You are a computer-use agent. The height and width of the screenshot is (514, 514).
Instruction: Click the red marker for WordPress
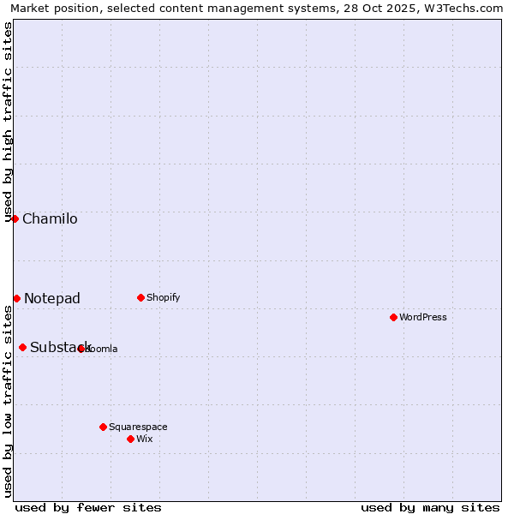click(x=393, y=317)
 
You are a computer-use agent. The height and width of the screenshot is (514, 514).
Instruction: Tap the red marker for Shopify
click(x=140, y=297)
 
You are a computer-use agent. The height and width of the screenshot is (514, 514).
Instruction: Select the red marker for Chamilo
click(x=15, y=218)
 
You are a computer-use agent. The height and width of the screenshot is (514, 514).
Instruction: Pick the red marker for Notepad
click(x=16, y=298)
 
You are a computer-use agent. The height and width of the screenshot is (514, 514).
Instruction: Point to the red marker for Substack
click(x=22, y=347)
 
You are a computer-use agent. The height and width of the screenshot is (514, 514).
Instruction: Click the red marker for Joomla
click(x=81, y=349)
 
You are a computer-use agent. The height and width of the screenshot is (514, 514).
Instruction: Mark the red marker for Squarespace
click(x=103, y=427)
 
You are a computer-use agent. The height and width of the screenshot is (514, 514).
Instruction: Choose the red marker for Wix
click(x=130, y=439)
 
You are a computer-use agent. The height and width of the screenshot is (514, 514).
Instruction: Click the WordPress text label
click(x=423, y=318)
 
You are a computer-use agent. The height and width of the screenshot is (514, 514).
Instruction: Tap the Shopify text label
click(x=164, y=298)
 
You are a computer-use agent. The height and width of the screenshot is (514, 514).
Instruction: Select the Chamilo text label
click(x=50, y=219)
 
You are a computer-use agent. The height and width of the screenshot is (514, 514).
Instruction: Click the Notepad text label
click(x=52, y=299)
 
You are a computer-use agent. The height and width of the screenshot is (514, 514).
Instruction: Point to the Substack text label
click(x=60, y=348)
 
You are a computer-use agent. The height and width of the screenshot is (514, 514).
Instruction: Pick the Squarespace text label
click(x=138, y=427)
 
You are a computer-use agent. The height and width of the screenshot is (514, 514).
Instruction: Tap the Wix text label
click(x=145, y=439)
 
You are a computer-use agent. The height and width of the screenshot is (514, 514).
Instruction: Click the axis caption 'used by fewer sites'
click(x=88, y=507)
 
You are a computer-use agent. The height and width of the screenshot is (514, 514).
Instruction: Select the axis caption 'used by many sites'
click(x=430, y=507)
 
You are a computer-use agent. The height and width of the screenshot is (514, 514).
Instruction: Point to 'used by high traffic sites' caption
click(x=9, y=122)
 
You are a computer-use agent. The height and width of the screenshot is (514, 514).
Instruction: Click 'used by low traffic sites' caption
click(x=9, y=401)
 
